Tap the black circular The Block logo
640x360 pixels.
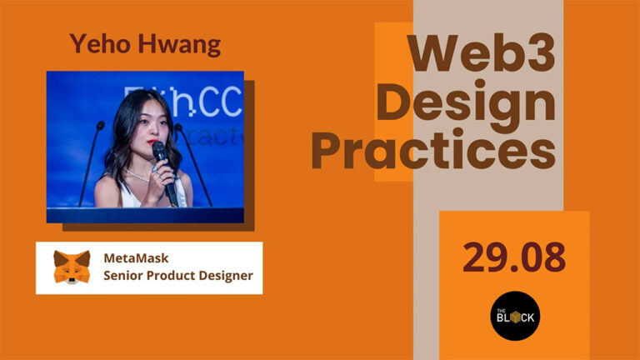(514, 316)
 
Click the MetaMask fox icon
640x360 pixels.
(72, 267)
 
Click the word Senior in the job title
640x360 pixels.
(124, 276)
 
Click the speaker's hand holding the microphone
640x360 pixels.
(164, 171)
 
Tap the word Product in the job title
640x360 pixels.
(172, 276)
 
